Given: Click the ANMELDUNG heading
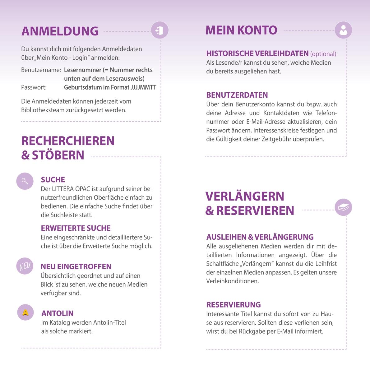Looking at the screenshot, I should tap(60, 31).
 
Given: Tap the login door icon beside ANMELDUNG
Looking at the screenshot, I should tap(160, 30).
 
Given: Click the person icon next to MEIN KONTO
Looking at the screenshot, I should tap(343, 30).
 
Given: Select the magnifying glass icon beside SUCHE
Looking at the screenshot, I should tap(25, 181).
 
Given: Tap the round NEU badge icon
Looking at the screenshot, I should tap(25, 266).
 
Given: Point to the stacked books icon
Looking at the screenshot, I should tap(343, 207).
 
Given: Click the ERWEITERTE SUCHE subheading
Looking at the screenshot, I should tap(76, 228).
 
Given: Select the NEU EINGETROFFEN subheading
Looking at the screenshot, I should tap(76, 266).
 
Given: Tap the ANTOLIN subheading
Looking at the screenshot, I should tap(58, 313).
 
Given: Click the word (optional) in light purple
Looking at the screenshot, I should tap(323, 54).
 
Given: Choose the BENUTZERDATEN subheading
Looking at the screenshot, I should tap(237, 95).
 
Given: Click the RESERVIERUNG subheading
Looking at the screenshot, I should tap(234, 304).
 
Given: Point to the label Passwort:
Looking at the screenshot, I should tap(34, 87).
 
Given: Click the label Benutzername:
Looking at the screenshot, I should tap(41, 70).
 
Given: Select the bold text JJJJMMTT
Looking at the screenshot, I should tap(144, 87).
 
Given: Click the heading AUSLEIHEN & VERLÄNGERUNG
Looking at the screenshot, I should tap(260, 237).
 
